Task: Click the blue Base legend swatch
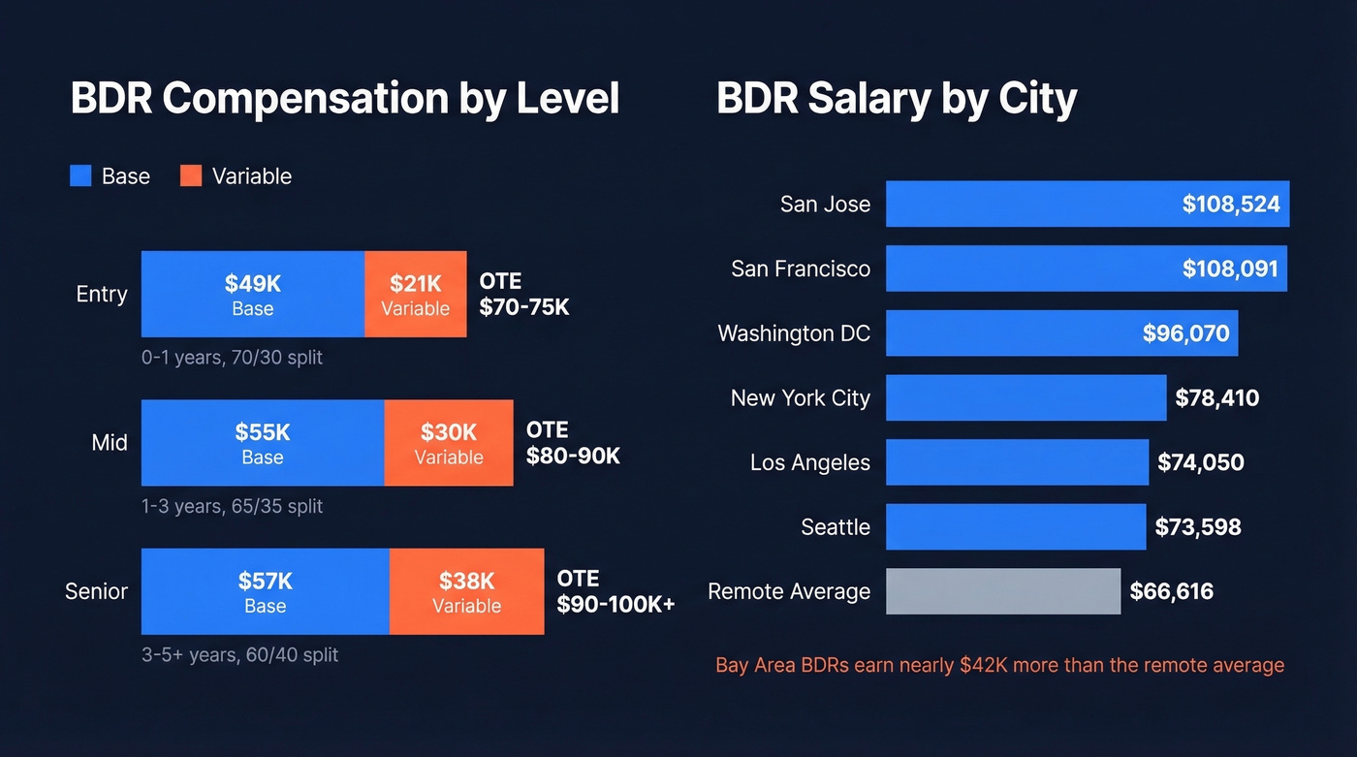click(81, 175)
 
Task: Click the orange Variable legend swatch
click(191, 175)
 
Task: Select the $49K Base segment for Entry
click(252, 295)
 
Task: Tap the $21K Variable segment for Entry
click(415, 295)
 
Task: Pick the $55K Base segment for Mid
click(262, 443)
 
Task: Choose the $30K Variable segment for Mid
click(448, 443)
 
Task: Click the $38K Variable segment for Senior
click(466, 591)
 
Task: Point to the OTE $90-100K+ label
click(615, 591)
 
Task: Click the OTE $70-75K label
click(524, 295)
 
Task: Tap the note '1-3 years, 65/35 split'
click(232, 506)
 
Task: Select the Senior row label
click(96, 591)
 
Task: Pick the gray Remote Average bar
click(1003, 591)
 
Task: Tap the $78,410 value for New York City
click(1216, 397)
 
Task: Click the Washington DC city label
click(794, 333)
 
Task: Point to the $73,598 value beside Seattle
click(1198, 527)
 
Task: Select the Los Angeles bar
click(1017, 462)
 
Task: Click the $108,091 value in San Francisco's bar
click(1230, 268)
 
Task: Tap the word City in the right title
click(1037, 99)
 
